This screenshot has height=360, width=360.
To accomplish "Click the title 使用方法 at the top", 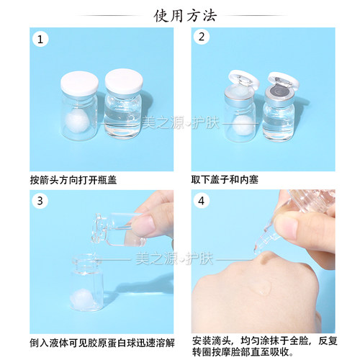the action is coord(185,16).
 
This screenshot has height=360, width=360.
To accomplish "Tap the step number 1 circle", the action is coord(40,40).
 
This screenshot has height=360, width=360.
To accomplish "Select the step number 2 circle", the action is coord(202,37).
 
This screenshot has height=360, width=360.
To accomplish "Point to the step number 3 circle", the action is coord(40,201).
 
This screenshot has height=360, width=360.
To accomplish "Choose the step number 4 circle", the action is coord(202,201).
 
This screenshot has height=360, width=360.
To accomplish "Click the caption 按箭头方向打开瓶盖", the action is coord(73,180).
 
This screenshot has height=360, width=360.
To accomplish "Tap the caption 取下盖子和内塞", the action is coord(225,180).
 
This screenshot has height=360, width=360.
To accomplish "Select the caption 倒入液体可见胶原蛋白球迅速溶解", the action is coord(102,343).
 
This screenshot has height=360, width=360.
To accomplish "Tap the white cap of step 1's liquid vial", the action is coord(124,82).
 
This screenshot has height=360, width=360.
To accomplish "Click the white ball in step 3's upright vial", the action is coord(79,298).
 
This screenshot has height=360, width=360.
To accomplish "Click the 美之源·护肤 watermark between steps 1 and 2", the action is coord(181,123).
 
